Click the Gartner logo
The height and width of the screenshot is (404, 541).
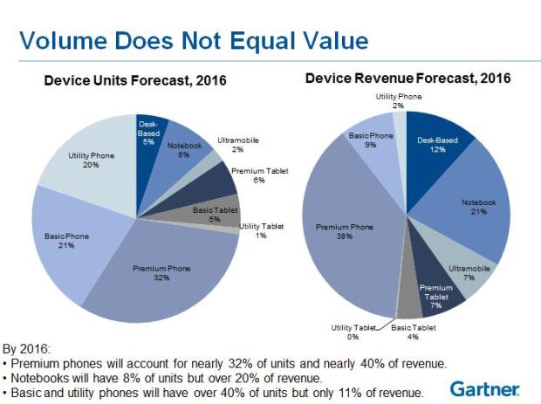[x=485, y=388]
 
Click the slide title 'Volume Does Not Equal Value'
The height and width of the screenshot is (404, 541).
[x=193, y=41]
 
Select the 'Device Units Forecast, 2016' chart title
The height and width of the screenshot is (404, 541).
[x=135, y=81]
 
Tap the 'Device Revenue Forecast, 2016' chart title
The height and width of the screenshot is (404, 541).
[x=407, y=79]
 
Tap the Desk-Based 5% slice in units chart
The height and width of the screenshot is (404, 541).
[x=148, y=135]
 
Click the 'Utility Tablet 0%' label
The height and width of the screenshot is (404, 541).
[x=353, y=331]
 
